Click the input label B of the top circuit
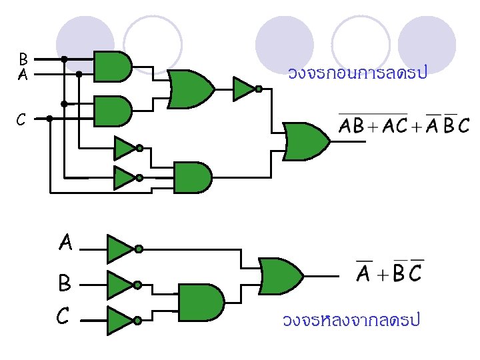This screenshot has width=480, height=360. (23, 59)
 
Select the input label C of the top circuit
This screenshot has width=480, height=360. (21, 119)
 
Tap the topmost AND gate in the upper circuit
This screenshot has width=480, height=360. (113, 66)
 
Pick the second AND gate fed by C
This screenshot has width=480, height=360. (113, 111)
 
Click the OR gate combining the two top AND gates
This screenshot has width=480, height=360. (191, 88)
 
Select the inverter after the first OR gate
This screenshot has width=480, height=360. (244, 88)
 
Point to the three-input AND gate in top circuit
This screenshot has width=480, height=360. (192, 177)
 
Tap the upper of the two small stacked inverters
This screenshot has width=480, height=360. (125, 148)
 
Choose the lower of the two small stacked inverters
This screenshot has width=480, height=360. (125, 177)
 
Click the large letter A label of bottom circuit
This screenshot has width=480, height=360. (65, 243)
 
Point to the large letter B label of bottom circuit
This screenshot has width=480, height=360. (65, 284)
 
